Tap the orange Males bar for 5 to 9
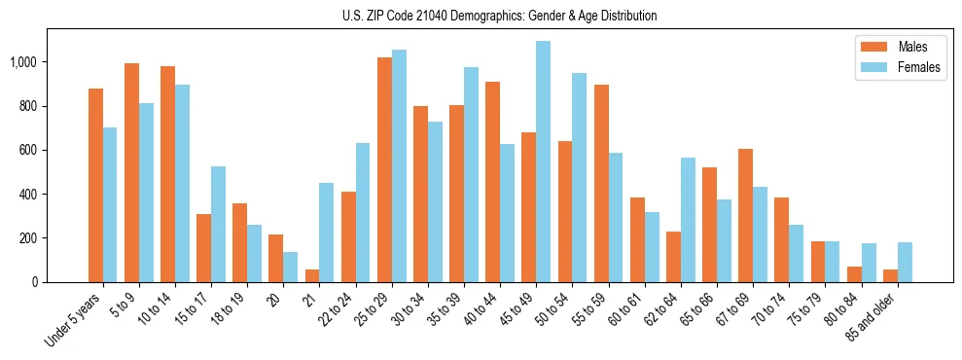pos(131,172)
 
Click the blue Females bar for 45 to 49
pos(543,162)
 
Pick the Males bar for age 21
pos(312,275)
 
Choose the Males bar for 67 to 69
pos(745,215)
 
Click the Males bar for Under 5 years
pos(95,185)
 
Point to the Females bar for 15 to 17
pos(218,224)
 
